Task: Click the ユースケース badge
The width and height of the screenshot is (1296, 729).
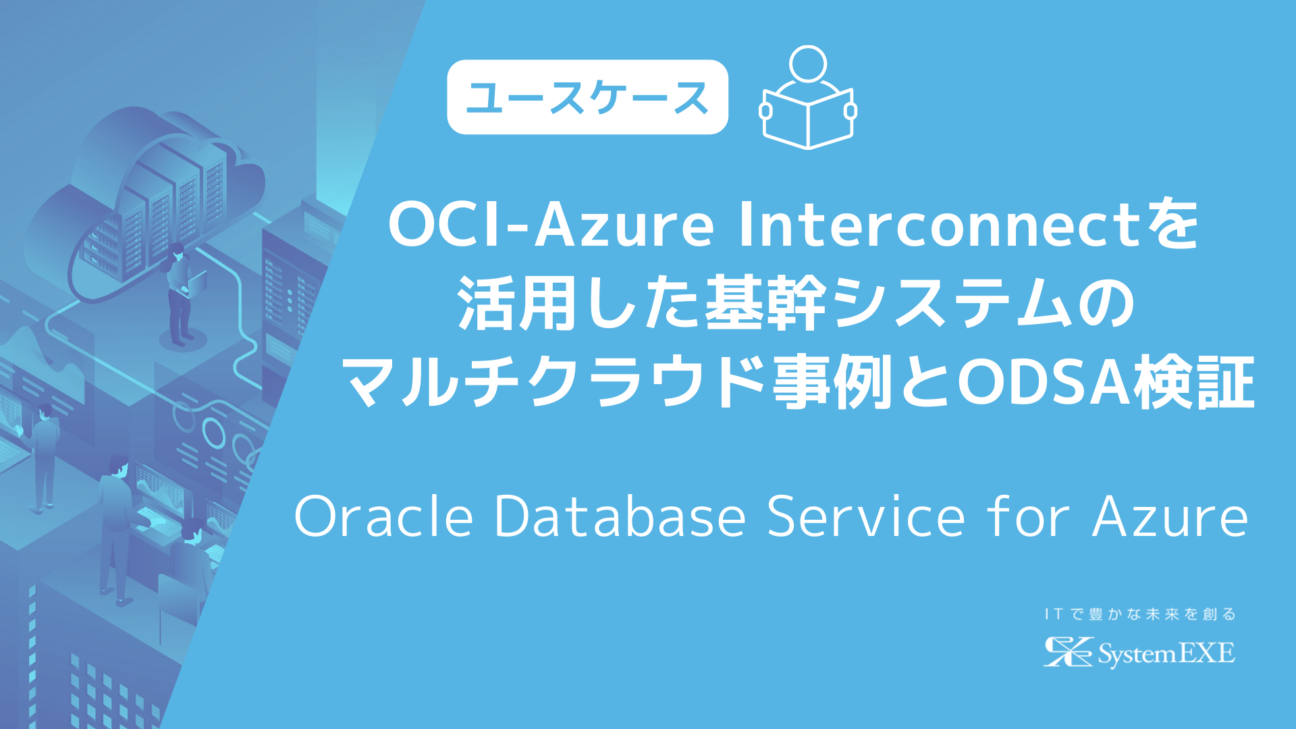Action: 587,97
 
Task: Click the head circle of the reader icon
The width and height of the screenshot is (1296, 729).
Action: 808,63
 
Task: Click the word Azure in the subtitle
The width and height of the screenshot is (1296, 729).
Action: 1170,517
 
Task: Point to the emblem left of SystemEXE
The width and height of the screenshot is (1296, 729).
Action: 1067,652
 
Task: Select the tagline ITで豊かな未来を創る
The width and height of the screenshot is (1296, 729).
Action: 1140,614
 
